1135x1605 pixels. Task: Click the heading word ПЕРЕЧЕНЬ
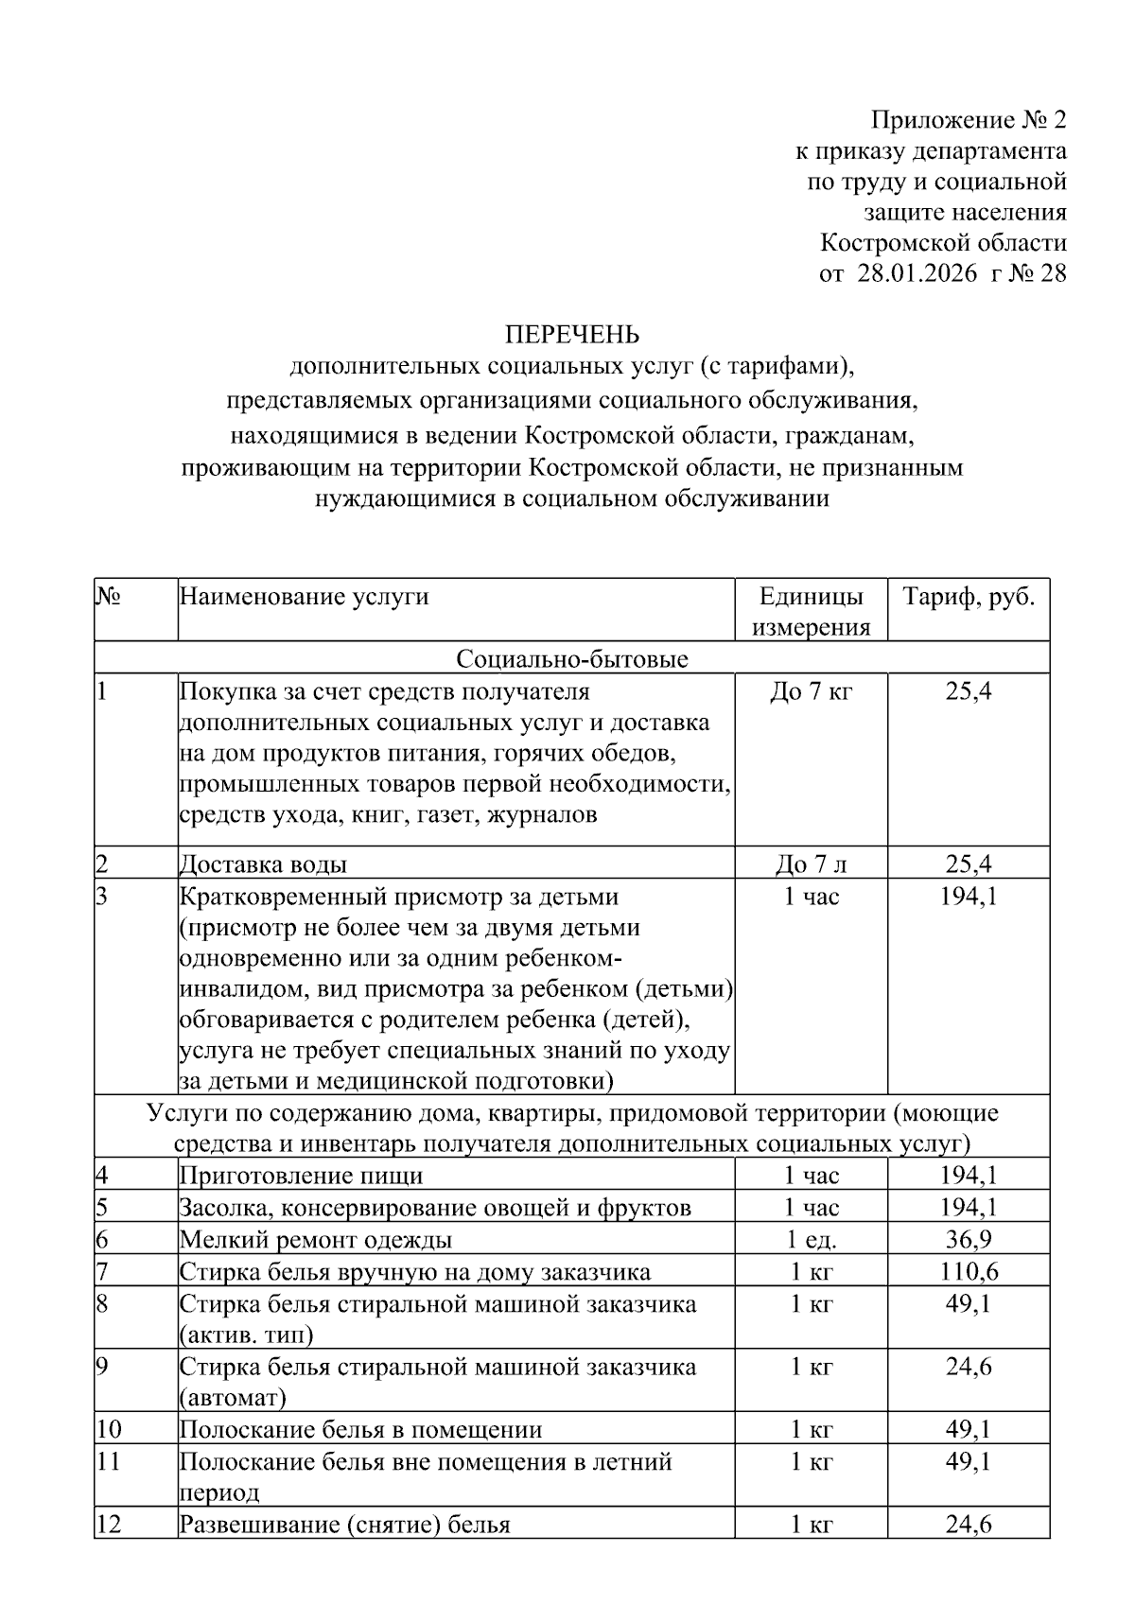[571, 335]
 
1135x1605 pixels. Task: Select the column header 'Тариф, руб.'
[969, 597]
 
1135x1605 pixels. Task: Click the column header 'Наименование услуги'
[304, 597]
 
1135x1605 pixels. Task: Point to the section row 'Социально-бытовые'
[571, 658]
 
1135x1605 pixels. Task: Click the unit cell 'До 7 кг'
[812, 691]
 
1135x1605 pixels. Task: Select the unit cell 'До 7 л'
[812, 864]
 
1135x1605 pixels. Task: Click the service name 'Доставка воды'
[263, 864]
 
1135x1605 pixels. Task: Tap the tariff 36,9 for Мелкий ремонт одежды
[969, 1239]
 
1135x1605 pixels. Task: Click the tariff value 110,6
[969, 1271]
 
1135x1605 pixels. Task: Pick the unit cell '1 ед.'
[812, 1239]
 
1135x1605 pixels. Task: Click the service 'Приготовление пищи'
[301, 1176]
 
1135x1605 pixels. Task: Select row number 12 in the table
[109, 1525]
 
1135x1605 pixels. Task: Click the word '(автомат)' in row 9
[232, 1397]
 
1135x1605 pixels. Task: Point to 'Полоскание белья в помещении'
[360, 1429]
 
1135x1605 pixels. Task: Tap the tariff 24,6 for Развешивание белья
[969, 1525]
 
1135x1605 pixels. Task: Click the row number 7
[102, 1271]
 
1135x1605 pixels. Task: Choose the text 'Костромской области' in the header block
[943, 243]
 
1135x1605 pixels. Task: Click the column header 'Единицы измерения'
[812, 611]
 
